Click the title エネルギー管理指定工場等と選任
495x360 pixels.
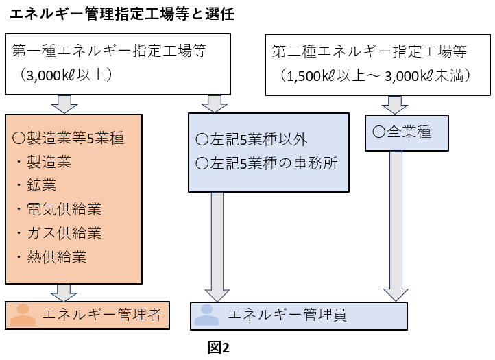click(122, 14)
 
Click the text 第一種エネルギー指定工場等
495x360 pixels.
click(109, 51)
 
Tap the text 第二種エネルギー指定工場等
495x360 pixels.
click(370, 51)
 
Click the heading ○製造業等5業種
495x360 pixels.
click(68, 138)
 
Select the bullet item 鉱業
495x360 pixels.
click(41, 185)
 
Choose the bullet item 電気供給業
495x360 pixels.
click(64, 209)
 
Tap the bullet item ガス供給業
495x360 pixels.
click(64, 233)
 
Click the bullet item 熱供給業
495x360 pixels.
click(56, 257)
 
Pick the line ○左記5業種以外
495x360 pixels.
click(252, 139)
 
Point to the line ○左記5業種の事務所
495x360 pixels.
click(267, 163)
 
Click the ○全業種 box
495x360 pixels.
click(407, 133)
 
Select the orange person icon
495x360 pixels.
click(23, 315)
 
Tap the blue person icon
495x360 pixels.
click(207, 315)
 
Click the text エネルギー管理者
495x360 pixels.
click(102, 315)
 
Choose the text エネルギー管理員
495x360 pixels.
click(287, 315)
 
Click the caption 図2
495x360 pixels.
click(219, 348)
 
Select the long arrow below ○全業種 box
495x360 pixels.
click(396, 226)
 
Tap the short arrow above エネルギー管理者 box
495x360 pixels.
click(64, 293)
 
